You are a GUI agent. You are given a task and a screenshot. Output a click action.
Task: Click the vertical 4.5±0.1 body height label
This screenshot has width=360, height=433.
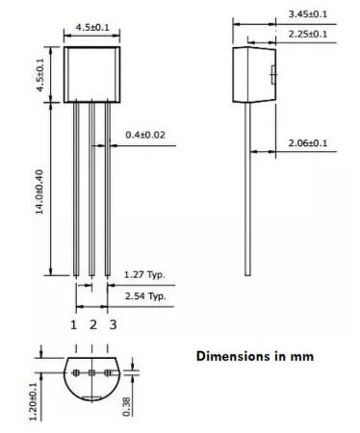click(41, 75)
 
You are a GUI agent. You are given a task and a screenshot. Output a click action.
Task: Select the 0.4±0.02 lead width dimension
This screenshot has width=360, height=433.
click(145, 136)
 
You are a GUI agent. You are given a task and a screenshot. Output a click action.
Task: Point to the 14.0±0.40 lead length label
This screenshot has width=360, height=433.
click(41, 192)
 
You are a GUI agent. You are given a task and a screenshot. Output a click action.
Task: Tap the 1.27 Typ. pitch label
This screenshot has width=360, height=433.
click(145, 274)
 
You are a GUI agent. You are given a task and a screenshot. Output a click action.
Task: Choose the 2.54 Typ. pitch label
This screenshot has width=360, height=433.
click(145, 295)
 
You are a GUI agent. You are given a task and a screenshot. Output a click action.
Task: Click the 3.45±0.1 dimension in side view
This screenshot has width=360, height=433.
click(307, 13)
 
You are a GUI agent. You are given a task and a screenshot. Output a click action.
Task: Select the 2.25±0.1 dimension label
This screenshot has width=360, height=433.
click(307, 34)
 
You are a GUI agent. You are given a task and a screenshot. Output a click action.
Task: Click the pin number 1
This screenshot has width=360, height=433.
click(73, 324)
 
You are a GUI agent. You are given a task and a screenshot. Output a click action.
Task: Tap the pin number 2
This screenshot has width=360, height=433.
click(92, 324)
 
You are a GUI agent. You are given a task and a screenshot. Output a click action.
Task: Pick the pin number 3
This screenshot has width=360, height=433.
click(113, 324)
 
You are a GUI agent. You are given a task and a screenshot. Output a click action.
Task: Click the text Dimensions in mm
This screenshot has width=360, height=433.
click(255, 356)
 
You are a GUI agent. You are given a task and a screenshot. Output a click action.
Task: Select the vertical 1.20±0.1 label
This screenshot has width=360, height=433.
click(34, 397)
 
